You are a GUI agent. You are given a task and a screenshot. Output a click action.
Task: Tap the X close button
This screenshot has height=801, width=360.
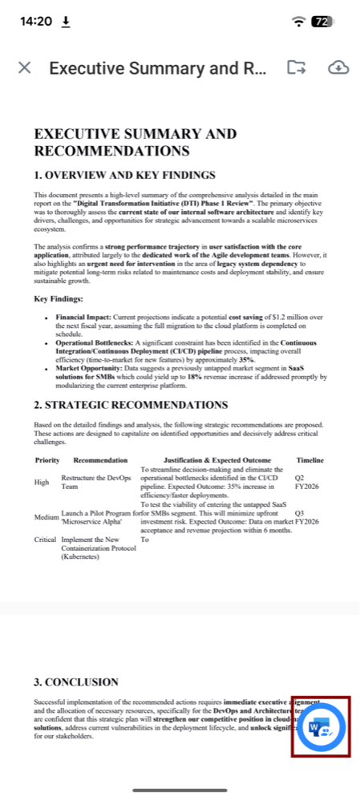(x=25, y=67)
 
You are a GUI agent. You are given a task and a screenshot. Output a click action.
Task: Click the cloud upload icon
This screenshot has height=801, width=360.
(x=339, y=67)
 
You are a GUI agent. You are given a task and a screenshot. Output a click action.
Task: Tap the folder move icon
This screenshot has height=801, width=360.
(x=297, y=67)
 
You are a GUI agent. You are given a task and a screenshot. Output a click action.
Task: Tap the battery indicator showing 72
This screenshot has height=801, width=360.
(x=322, y=22)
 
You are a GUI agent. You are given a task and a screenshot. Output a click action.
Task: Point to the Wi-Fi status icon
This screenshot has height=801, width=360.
(x=299, y=22)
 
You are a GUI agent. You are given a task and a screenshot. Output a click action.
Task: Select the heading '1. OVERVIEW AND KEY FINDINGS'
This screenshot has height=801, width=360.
(x=124, y=176)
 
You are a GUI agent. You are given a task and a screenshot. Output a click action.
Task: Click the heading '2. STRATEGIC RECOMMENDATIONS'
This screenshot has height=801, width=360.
(x=131, y=405)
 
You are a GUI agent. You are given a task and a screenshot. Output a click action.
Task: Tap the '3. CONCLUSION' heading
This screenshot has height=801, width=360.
(x=76, y=682)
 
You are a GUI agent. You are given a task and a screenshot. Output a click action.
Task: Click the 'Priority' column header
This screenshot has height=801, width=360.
(x=47, y=460)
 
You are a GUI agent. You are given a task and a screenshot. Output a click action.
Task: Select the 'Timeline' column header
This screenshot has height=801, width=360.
(x=309, y=460)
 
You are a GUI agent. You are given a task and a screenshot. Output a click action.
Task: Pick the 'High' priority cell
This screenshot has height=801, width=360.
(x=42, y=483)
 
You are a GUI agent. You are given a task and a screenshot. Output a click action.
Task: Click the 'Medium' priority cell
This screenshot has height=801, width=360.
(x=47, y=517)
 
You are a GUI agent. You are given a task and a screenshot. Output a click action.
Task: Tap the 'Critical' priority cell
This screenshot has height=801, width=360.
(x=45, y=540)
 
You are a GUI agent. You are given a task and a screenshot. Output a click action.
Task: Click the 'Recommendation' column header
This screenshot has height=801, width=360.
(x=100, y=460)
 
